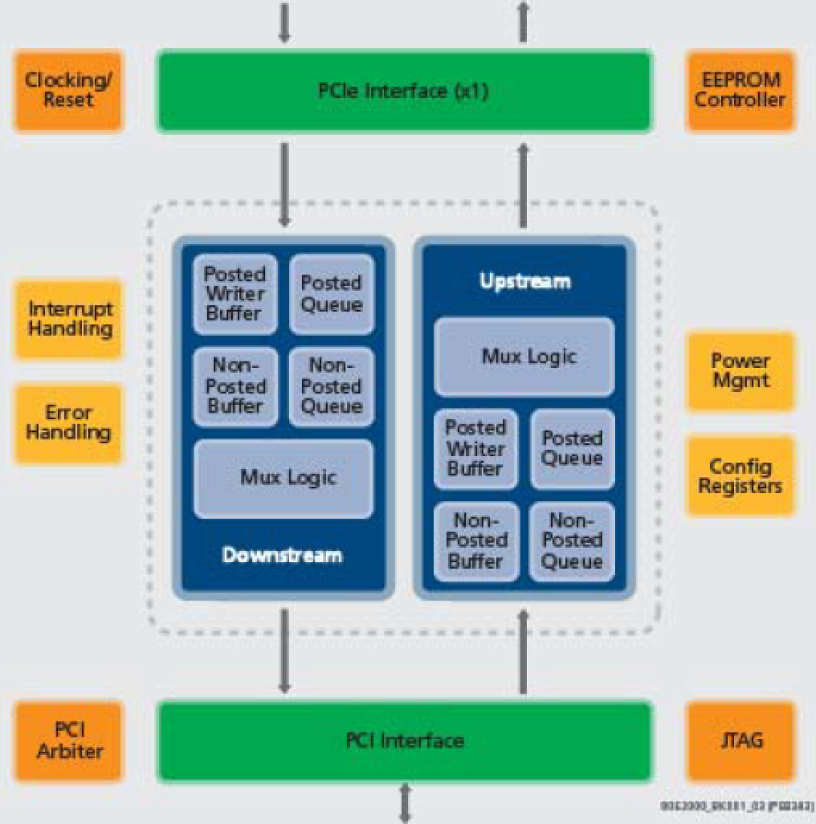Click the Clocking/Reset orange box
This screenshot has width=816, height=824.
pyautogui.click(x=68, y=90)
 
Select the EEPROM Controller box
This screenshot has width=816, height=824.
pyautogui.click(x=740, y=90)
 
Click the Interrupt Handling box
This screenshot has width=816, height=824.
pyautogui.click(x=69, y=319)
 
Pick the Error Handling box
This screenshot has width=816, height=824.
pyautogui.click(x=68, y=423)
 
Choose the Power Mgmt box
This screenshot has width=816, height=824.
pyautogui.click(x=741, y=371)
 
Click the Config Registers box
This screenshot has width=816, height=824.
pyautogui.click(x=741, y=476)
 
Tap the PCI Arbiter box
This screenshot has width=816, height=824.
pyautogui.click(x=69, y=741)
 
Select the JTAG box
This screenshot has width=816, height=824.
pyautogui.click(x=741, y=741)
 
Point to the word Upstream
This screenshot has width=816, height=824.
pyautogui.click(x=525, y=281)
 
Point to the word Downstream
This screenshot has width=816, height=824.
pyautogui.click(x=282, y=556)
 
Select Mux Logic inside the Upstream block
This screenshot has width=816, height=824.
pyautogui.click(x=524, y=357)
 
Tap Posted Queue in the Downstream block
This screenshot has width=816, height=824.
pyautogui.click(x=331, y=294)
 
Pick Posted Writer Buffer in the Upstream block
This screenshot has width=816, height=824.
pyautogui.click(x=476, y=448)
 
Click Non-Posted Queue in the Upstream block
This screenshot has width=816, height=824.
pyautogui.click(x=572, y=541)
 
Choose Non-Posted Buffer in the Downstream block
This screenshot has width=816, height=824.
pyautogui.click(x=235, y=387)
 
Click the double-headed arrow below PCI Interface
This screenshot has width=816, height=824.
pyautogui.click(x=405, y=803)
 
